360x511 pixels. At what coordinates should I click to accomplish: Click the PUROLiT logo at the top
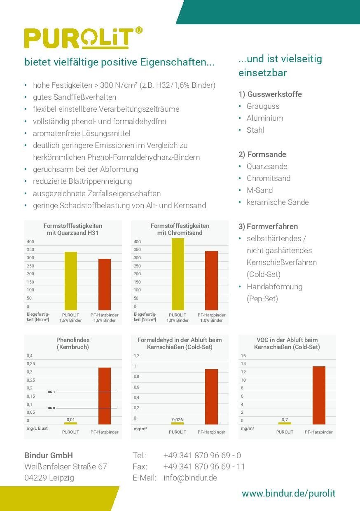(x=84, y=38)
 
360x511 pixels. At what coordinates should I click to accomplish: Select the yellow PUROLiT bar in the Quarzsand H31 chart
(x=71, y=281)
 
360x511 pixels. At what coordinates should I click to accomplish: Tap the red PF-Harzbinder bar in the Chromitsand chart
(x=212, y=280)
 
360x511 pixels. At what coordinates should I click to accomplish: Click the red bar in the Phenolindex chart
(x=105, y=396)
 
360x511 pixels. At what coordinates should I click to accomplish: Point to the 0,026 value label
(x=178, y=420)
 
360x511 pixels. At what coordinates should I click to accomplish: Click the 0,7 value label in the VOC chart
(x=285, y=420)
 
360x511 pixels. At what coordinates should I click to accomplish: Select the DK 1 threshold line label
(x=51, y=392)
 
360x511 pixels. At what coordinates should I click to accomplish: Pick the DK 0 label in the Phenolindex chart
(x=51, y=408)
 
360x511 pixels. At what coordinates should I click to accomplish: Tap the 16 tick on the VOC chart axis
(x=243, y=356)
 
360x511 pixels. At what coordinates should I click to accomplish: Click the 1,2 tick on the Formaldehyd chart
(x=136, y=356)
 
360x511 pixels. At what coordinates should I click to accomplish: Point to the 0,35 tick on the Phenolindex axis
(x=31, y=363)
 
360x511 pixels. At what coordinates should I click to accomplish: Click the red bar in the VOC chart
(x=319, y=395)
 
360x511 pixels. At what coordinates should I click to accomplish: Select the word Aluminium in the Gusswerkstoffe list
(x=265, y=118)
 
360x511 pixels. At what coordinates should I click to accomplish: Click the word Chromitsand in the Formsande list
(x=269, y=178)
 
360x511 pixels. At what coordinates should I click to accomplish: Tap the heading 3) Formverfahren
(x=268, y=227)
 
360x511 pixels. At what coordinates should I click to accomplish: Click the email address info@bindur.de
(x=190, y=478)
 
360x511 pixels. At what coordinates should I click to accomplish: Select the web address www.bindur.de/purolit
(x=288, y=493)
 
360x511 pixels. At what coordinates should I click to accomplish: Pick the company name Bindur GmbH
(x=49, y=455)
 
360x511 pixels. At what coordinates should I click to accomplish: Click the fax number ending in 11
(x=204, y=466)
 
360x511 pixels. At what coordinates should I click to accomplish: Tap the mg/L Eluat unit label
(x=37, y=428)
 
